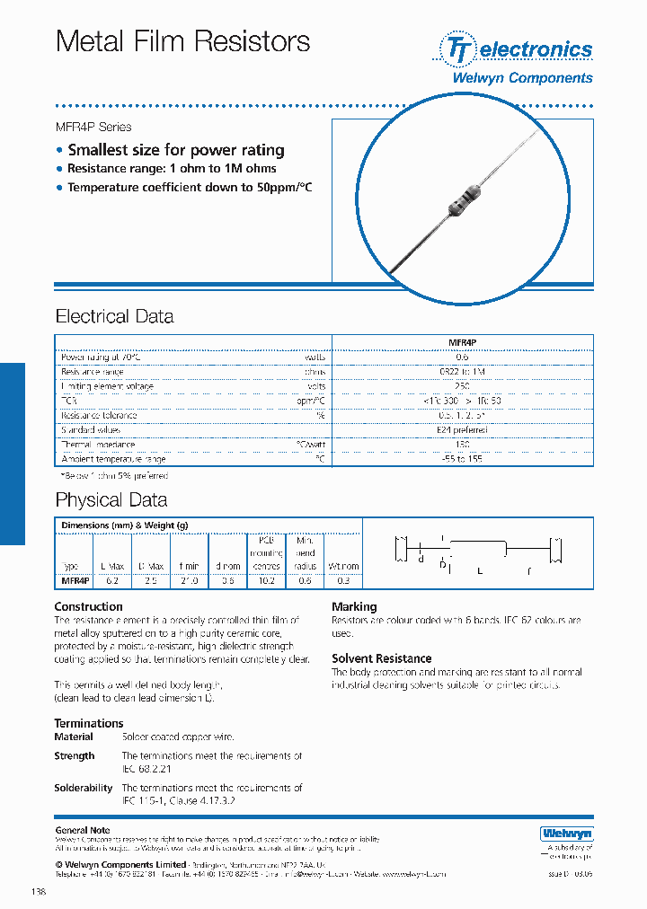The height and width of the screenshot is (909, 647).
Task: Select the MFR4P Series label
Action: pyautogui.click(x=93, y=127)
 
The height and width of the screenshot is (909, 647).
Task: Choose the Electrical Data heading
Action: pyautogui.click(x=114, y=316)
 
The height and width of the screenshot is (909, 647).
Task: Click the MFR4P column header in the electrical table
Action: pyautogui.click(x=462, y=342)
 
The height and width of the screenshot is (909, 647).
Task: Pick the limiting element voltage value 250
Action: pyautogui.click(x=462, y=386)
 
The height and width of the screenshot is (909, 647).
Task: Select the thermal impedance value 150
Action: pyautogui.click(x=462, y=445)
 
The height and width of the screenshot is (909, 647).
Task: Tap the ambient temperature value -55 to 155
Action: pyautogui.click(x=462, y=459)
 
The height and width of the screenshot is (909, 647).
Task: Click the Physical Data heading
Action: pyautogui.click(x=111, y=499)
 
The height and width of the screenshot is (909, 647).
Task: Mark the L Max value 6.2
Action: pyautogui.click(x=112, y=581)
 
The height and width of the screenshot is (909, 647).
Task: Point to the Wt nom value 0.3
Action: pyautogui.click(x=343, y=581)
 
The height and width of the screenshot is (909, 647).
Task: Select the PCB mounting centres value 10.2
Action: pyautogui.click(x=266, y=581)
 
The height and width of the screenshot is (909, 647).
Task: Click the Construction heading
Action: pyautogui.click(x=88, y=606)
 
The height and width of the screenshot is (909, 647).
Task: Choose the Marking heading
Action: pyautogui.click(x=354, y=606)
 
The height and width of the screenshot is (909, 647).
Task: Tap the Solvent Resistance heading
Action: pyautogui.click(x=381, y=658)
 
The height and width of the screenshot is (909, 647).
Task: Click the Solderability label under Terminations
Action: pyautogui.click(x=84, y=788)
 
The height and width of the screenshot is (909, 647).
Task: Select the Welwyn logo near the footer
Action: pyautogui.click(x=566, y=834)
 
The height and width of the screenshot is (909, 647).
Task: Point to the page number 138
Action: pyautogui.click(x=38, y=892)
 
